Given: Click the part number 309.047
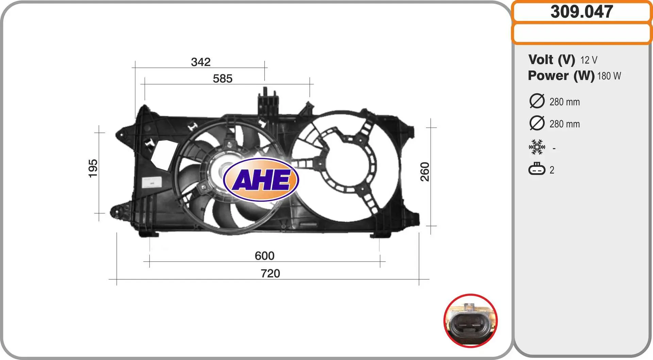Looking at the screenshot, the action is click(x=582, y=12).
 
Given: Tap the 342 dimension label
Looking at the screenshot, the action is click(x=201, y=62).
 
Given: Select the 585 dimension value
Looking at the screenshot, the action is click(x=222, y=79).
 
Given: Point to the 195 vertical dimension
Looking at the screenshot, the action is click(x=93, y=168).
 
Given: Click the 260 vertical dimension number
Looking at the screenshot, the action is click(x=425, y=172).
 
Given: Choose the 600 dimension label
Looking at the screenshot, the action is click(x=264, y=256).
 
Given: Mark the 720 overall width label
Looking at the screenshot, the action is click(x=270, y=273).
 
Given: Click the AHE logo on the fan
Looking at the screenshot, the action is click(x=261, y=179).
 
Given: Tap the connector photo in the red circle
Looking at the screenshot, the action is click(x=471, y=321).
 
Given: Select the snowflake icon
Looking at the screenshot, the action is click(x=537, y=147).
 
